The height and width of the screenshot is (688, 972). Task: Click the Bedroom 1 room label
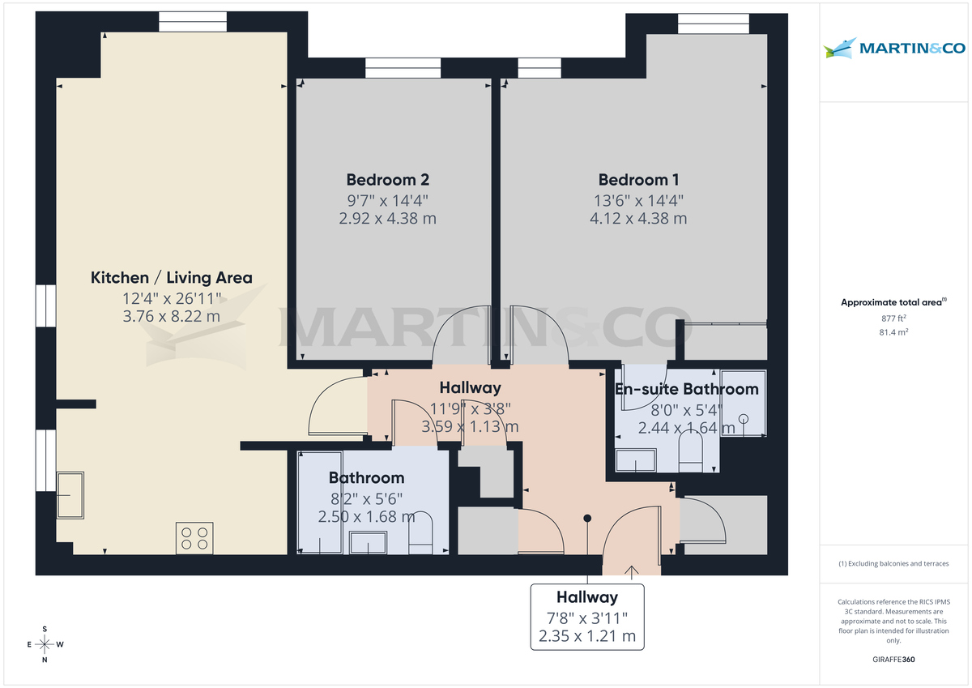[x=638, y=180]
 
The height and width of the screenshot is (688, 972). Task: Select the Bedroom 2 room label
[x=387, y=180]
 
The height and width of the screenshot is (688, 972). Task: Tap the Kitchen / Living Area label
[x=171, y=278]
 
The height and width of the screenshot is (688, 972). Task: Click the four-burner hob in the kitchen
[x=194, y=538]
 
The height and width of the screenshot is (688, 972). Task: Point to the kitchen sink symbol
[x=70, y=495]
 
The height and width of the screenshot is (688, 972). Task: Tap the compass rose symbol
[x=45, y=645]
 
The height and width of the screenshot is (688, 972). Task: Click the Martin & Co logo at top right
[x=894, y=49]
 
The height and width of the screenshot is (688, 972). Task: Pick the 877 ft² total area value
[x=893, y=318]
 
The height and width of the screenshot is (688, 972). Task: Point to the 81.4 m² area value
[x=893, y=332]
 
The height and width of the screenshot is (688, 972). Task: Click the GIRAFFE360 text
[x=893, y=660]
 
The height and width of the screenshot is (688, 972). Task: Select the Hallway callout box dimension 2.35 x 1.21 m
[x=587, y=636]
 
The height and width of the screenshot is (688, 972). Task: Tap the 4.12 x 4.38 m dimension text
[x=638, y=218]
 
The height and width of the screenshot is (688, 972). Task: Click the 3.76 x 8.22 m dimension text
[x=171, y=316]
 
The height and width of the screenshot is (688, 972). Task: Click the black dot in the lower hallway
[x=588, y=518]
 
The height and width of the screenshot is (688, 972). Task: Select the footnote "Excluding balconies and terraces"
[x=893, y=563]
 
